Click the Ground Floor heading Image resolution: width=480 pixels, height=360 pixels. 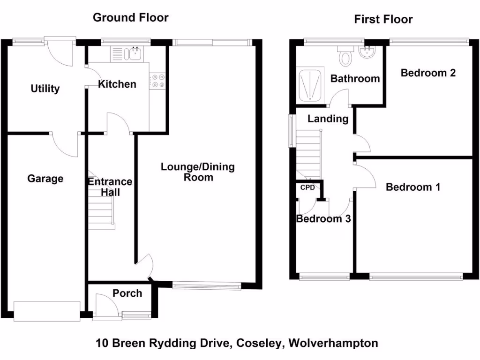tap(130, 18)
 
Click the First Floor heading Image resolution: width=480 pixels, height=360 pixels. tap(383, 19)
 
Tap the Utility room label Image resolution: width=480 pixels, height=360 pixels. tap(45, 89)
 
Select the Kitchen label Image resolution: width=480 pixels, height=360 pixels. tap(117, 84)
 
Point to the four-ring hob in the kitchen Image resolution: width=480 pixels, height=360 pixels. tap(157, 81)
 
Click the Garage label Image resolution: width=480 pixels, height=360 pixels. tap(45, 179)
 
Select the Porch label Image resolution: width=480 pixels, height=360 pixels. tap(127, 293)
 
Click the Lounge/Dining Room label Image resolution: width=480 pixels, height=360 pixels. tap(198, 172)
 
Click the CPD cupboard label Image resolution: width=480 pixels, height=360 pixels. tap(307, 187)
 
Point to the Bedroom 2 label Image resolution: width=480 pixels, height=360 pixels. tap(428, 73)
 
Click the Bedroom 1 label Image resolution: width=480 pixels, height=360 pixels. tap(413, 187)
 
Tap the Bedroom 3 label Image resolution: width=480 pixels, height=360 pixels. tap(323, 218)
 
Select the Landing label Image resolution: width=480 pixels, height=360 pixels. tap(328, 119)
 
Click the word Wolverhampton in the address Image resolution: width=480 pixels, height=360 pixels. tap(333, 343)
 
